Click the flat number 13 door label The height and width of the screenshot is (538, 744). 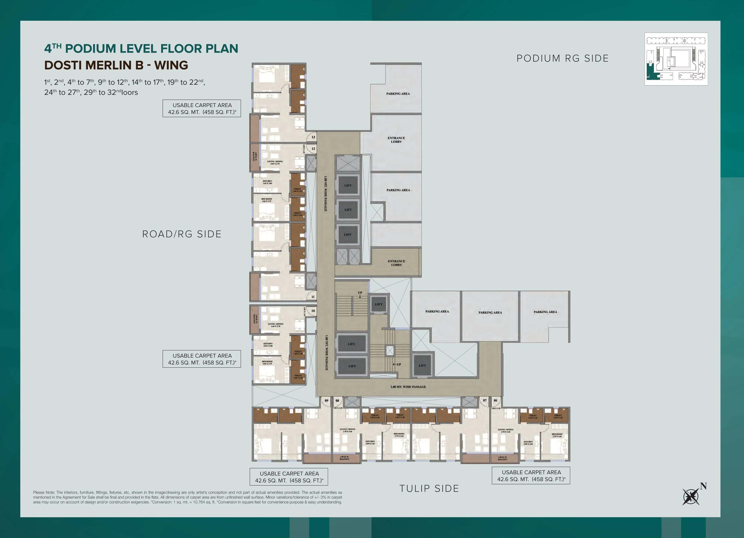click(313, 137)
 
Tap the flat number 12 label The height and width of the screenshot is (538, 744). click(313, 149)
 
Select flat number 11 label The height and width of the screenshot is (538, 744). click(313, 297)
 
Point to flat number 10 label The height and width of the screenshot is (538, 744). click(313, 310)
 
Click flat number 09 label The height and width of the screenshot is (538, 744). click(326, 400)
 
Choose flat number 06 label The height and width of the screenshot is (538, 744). click(495, 400)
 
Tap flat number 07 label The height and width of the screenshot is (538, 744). click(485, 400)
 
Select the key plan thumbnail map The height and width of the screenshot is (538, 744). click(676, 59)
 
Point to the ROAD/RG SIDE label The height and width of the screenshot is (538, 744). click(182, 234)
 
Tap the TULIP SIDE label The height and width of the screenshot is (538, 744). click(429, 488)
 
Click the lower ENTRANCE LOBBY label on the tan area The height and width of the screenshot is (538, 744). click(396, 263)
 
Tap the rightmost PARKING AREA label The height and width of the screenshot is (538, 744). click(545, 312)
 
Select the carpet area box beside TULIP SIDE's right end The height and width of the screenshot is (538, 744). click(531, 476)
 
